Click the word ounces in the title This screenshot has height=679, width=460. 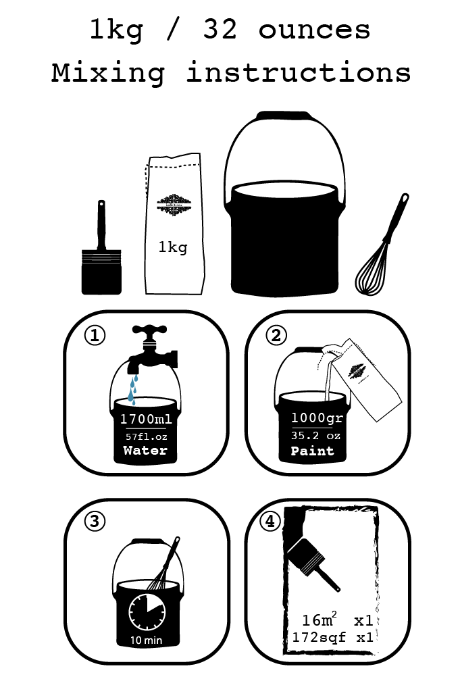pyautogui.click(x=314, y=30)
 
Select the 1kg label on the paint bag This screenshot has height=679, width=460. pyautogui.click(x=173, y=248)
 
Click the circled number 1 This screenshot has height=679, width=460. pyautogui.click(x=95, y=336)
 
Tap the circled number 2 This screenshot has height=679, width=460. pyautogui.click(x=276, y=336)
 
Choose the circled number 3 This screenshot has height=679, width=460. pyautogui.click(x=95, y=522)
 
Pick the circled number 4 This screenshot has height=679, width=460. pyautogui.click(x=270, y=522)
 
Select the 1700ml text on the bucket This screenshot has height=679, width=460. pyautogui.click(x=146, y=420)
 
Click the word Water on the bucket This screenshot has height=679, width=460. pyautogui.click(x=145, y=451)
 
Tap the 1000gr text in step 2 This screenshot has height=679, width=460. pyautogui.click(x=317, y=418)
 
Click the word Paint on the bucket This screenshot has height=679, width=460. pyautogui.click(x=313, y=451)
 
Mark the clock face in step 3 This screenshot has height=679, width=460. pyautogui.click(x=147, y=610)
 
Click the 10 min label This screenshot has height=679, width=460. pyautogui.click(x=146, y=639)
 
